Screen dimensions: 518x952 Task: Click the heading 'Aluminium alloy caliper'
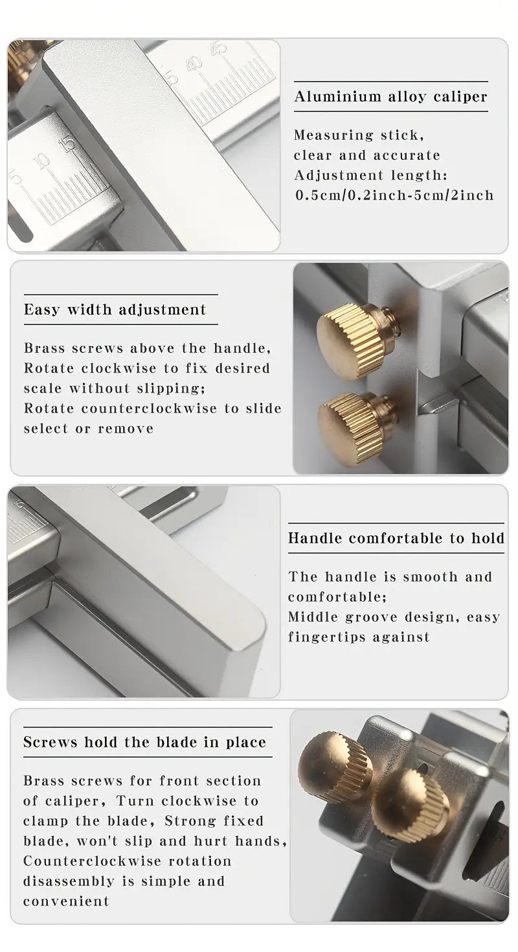coord(390,96)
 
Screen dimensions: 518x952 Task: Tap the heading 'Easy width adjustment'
coord(115,310)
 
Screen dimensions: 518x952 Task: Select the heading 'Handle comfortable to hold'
coord(396,538)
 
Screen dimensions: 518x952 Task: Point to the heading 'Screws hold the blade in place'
coord(145,742)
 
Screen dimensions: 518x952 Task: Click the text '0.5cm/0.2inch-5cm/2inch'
coord(395,195)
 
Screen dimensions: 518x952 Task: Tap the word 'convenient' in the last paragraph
coord(66,901)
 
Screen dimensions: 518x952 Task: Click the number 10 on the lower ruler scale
coord(43,162)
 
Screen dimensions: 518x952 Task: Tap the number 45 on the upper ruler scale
coord(220,48)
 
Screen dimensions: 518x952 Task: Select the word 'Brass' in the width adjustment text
coord(45,348)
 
